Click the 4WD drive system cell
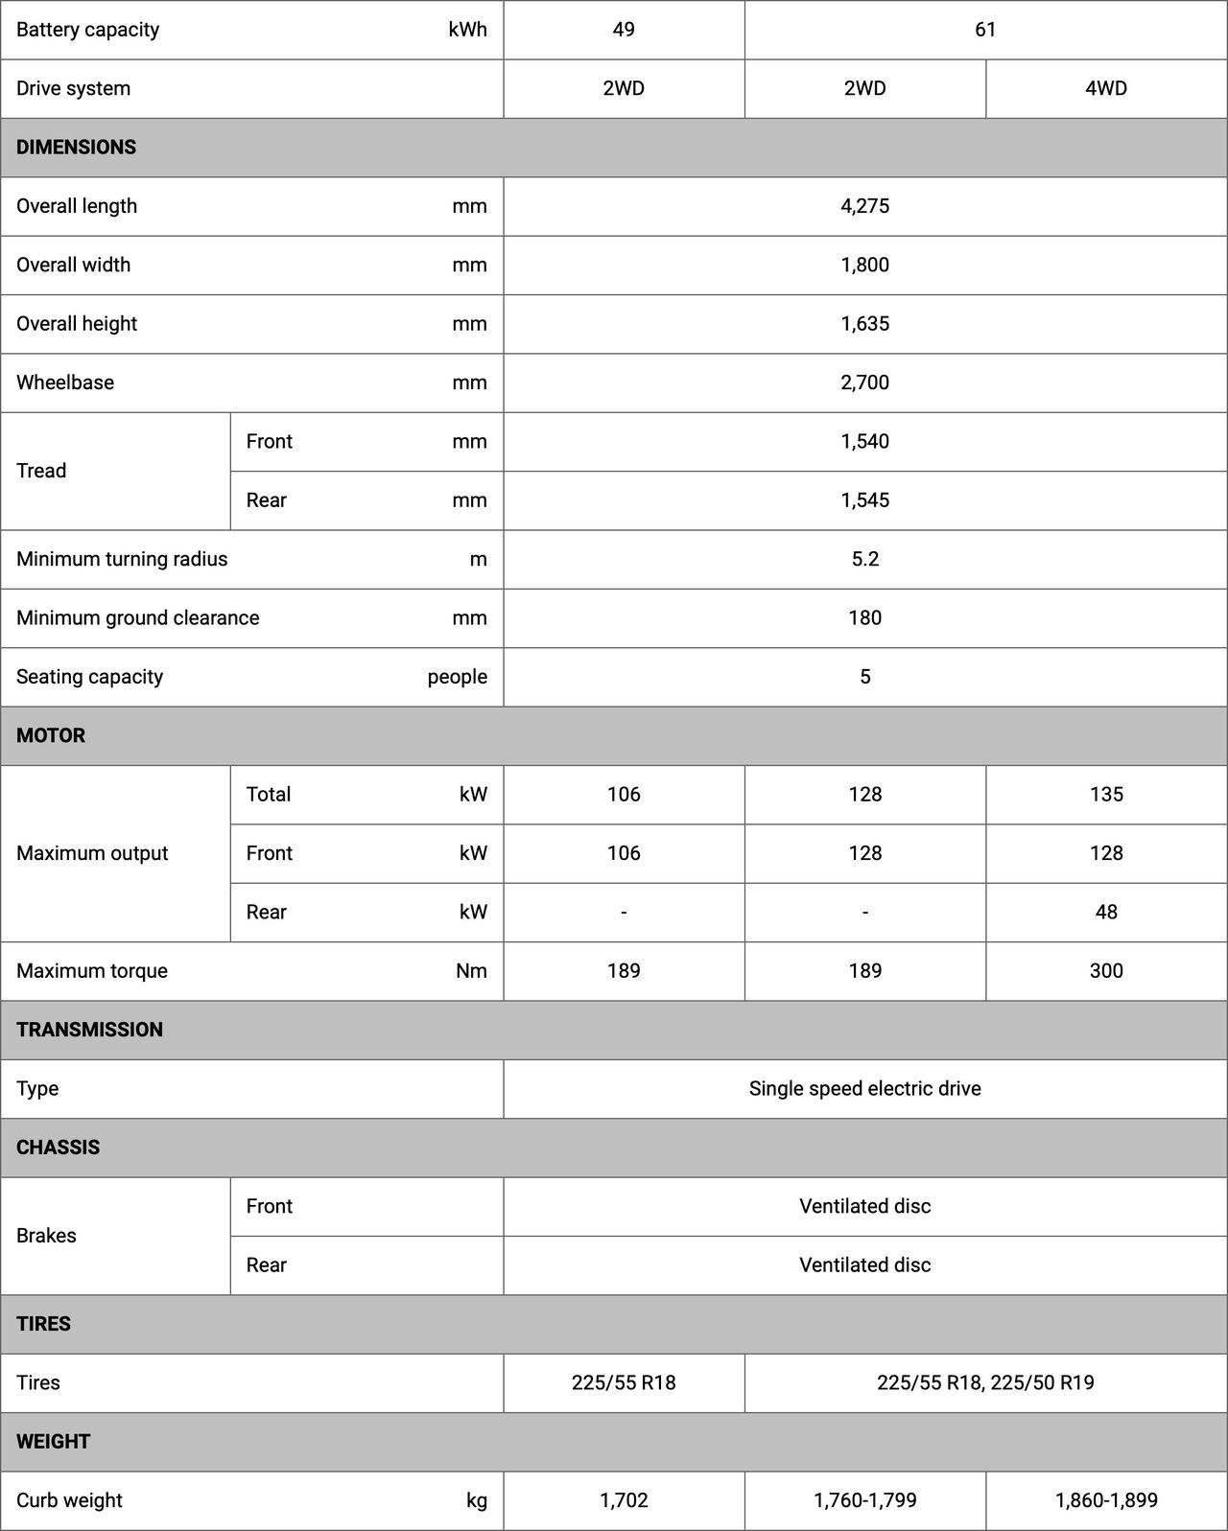1105,88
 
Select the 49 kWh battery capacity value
624,30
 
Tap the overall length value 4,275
864,206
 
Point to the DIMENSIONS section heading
77,148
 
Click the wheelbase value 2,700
864,383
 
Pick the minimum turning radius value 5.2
864,559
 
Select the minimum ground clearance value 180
864,617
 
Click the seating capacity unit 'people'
457,677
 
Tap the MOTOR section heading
51,735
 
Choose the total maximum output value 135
1105,794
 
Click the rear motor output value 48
1105,912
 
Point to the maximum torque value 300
1105,970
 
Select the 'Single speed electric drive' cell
864,1088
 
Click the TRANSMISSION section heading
89,1030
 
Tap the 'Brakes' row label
46,1236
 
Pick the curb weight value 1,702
624,1500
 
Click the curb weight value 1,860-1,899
1105,1500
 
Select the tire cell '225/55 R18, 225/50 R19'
985,1382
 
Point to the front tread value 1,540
864,441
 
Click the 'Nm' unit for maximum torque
471,970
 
